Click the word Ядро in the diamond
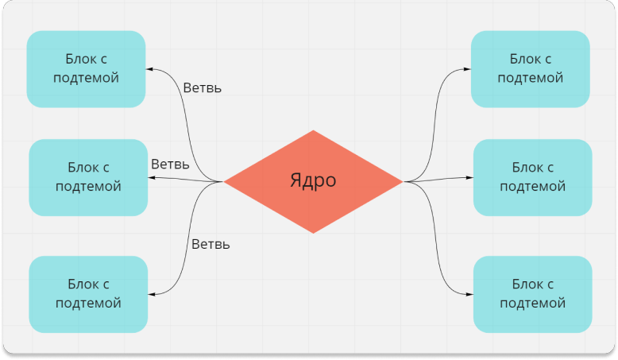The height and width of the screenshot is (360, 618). coord(312,180)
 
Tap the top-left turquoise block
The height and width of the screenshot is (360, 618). coord(86,69)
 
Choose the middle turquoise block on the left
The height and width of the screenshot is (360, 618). coord(88,177)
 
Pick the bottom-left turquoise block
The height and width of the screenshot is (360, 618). coord(88,294)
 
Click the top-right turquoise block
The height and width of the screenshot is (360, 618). coord(530,69)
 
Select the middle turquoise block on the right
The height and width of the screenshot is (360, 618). coord(532,177)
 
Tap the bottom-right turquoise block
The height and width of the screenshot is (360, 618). coord(532,294)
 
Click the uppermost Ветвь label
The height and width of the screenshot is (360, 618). coord(202,88)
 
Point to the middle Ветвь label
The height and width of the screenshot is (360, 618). coord(170,165)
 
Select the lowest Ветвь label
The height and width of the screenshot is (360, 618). coord(211,244)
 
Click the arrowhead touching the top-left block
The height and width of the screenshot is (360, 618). coord(149,69)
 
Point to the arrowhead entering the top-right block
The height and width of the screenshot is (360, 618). coord(467,69)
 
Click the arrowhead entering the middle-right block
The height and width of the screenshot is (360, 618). coord(469,177)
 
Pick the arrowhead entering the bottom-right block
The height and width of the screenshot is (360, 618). coord(469,294)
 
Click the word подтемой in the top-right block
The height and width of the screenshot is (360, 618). coord(531,78)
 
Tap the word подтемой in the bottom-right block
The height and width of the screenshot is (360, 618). coord(533,303)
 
